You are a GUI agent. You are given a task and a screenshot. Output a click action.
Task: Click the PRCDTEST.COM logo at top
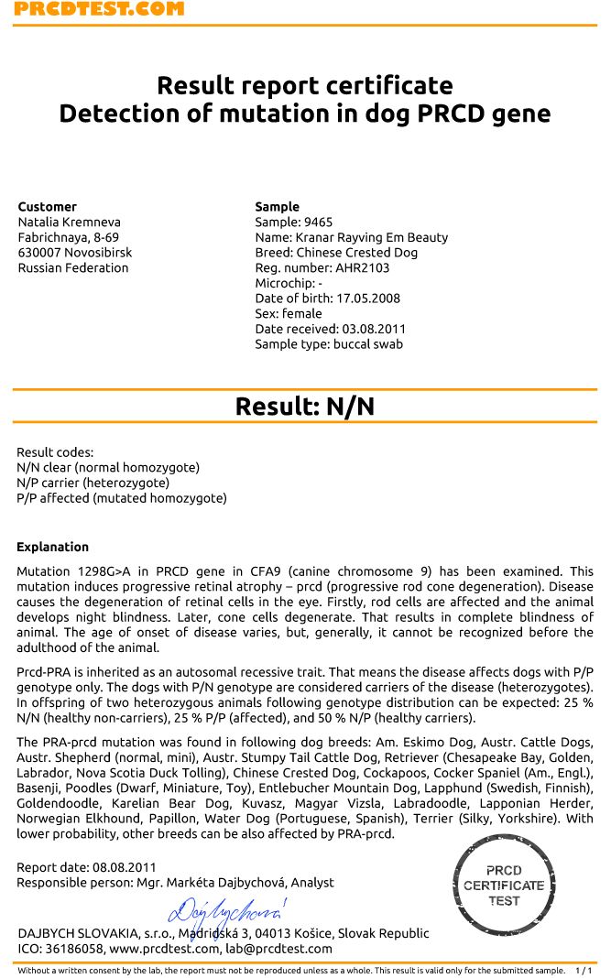99,9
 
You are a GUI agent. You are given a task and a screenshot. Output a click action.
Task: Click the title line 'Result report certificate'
304,86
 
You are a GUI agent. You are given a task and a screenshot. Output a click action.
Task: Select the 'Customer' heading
48,207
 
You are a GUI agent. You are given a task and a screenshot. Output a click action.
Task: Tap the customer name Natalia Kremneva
70,223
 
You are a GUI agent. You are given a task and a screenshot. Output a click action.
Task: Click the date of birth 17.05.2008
368,299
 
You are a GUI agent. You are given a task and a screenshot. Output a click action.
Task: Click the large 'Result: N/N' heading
304,407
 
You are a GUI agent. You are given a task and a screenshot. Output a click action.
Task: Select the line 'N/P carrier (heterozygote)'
93,484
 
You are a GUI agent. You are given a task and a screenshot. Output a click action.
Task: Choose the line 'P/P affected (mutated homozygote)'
122,499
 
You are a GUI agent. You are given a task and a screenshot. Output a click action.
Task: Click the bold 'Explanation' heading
53,548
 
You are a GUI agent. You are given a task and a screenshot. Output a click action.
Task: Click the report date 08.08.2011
124,867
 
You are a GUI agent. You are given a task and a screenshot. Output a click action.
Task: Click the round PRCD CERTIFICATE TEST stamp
504,886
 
